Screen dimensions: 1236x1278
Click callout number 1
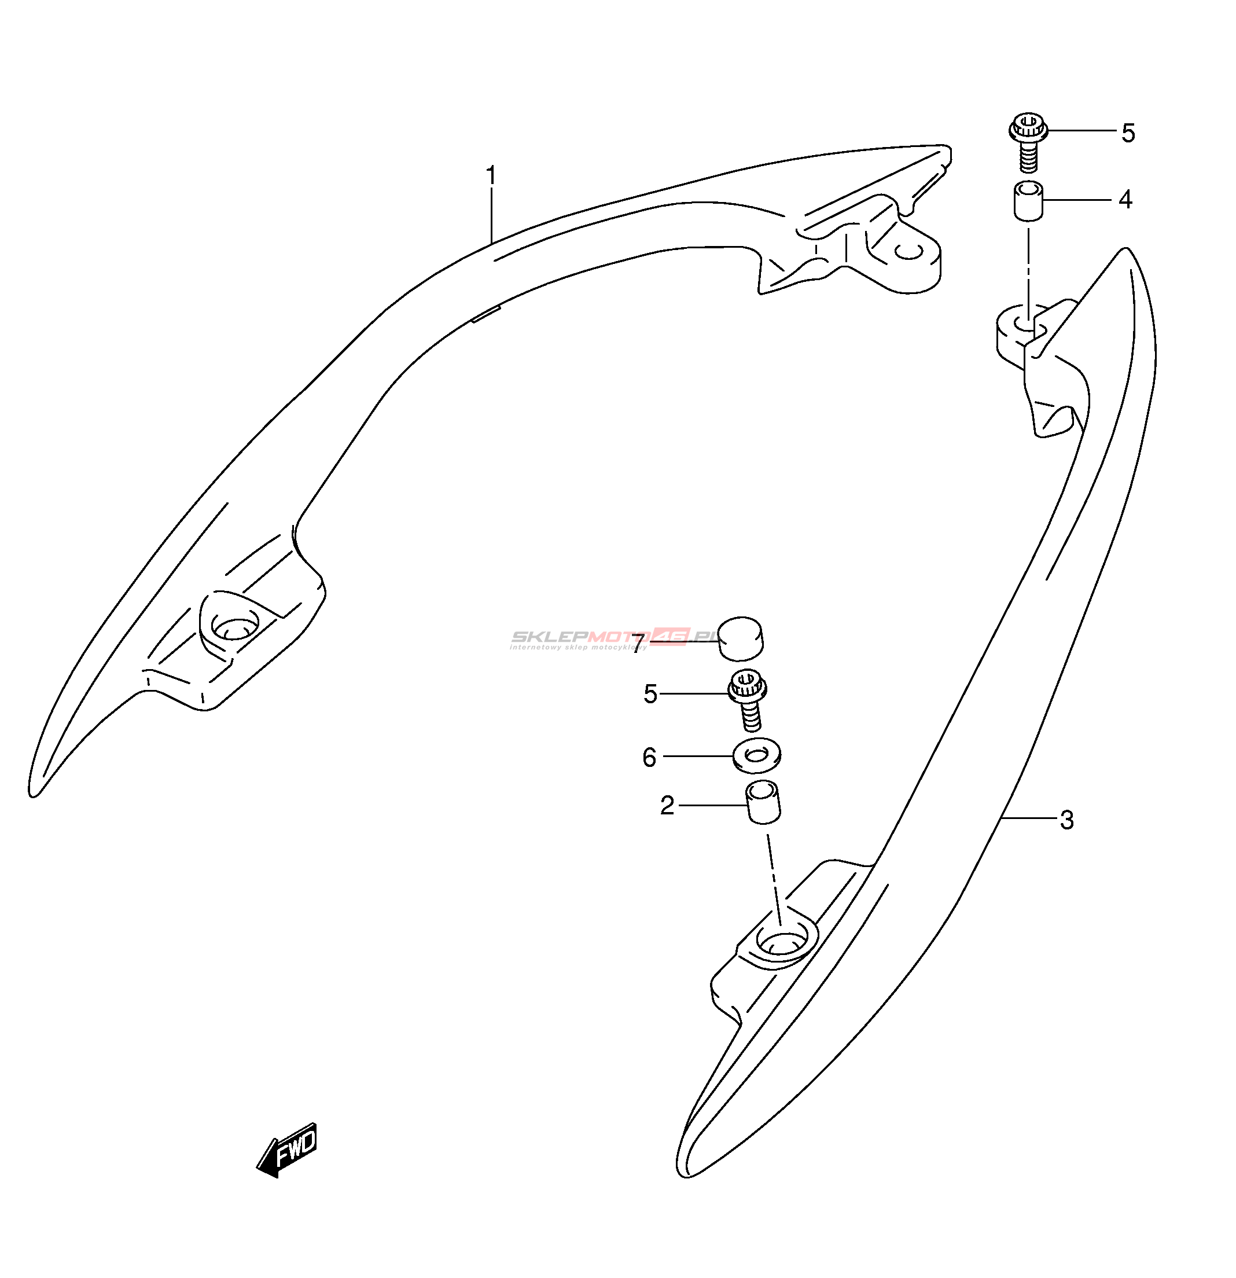(491, 176)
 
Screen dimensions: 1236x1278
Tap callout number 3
(1066, 820)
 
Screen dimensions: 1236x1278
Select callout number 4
(1125, 200)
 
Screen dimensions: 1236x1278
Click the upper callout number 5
(1128, 133)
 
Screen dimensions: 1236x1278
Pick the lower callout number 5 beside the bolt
(650, 695)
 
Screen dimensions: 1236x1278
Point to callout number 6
(649, 758)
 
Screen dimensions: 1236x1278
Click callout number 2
(666, 806)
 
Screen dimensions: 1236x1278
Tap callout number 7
(638, 642)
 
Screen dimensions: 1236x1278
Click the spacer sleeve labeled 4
(1028, 201)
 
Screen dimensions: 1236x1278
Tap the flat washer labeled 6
(756, 756)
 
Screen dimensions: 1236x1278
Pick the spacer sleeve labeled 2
(763, 802)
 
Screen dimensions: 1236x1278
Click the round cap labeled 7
(741, 638)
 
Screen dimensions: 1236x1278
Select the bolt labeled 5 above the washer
(748, 701)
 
